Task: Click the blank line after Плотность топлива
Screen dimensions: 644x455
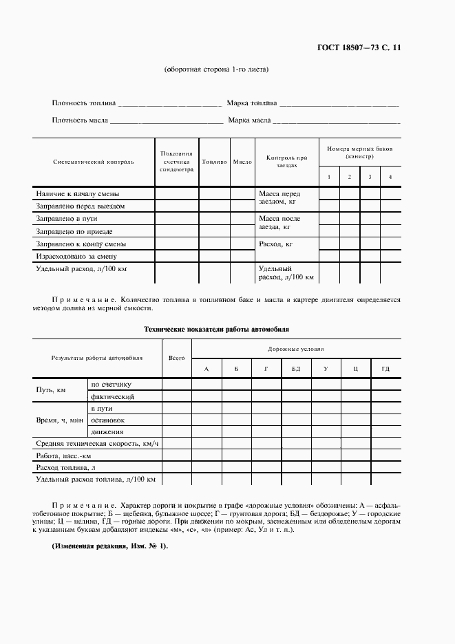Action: [x=169, y=105]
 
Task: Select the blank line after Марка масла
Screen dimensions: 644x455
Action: [x=336, y=122]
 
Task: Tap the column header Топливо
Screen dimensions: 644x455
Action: [x=214, y=162]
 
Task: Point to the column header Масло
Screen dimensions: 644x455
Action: [x=242, y=162]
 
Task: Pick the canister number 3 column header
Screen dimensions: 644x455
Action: [x=370, y=178]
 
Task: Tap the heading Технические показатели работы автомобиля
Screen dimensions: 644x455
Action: [x=216, y=330]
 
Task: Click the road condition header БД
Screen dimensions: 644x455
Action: [x=296, y=369]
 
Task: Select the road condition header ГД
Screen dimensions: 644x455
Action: [x=385, y=369]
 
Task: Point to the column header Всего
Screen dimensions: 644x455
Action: [x=176, y=358]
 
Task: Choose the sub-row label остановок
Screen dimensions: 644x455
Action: [x=107, y=420]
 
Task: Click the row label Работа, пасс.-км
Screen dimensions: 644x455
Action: [x=63, y=455]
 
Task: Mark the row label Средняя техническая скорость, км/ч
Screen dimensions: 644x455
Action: [x=97, y=444]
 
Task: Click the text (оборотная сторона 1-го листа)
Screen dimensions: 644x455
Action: [x=216, y=69]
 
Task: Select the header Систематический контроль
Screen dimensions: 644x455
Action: [x=93, y=162]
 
